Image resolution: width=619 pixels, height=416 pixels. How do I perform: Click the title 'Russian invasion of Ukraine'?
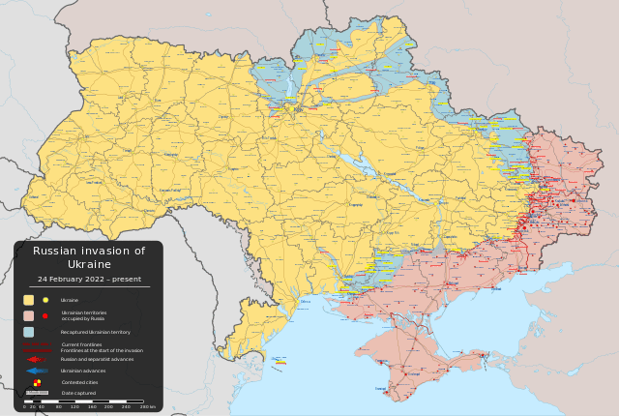[89, 257]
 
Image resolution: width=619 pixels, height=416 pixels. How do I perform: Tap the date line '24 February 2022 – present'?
[89, 279]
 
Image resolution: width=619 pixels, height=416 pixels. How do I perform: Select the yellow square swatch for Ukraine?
[29, 300]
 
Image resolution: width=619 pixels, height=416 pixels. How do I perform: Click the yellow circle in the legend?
[45, 300]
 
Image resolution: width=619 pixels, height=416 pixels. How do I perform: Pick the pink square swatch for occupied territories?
[29, 315]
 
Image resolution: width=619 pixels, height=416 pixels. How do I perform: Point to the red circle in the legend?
[44, 315]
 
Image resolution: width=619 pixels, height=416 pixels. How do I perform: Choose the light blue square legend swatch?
[29, 332]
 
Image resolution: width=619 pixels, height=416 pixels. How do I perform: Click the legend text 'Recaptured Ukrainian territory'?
[95, 332]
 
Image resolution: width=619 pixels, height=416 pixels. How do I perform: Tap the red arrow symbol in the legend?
[37, 359]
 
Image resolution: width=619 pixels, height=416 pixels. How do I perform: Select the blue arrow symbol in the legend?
[37, 371]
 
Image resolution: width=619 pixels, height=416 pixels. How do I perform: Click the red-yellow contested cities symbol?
[37, 382]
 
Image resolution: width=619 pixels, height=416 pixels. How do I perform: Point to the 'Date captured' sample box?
[37, 393]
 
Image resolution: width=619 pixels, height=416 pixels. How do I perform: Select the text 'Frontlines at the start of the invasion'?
[102, 350]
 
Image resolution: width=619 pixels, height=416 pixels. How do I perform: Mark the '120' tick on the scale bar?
[75, 407]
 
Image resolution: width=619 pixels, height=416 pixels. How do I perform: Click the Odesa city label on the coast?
[306, 302]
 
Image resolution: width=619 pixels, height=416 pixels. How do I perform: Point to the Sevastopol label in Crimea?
[382, 389]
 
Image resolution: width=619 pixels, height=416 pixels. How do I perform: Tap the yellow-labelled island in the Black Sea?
[280, 360]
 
